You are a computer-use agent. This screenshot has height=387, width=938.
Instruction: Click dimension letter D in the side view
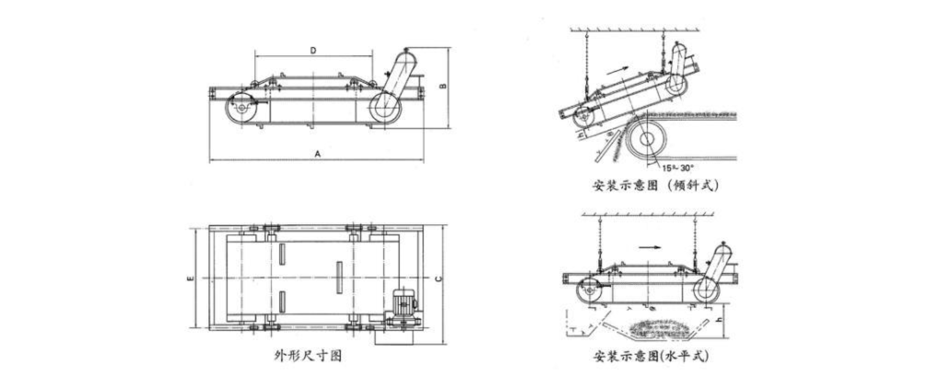(313, 51)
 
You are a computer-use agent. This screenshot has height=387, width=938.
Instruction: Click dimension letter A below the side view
(317, 154)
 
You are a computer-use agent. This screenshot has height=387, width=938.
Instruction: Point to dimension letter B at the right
(443, 86)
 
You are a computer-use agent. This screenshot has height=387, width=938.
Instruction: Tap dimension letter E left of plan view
(191, 278)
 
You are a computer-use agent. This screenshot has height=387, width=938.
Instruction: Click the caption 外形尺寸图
(308, 356)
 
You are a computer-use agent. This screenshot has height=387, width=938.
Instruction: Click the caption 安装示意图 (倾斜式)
(656, 185)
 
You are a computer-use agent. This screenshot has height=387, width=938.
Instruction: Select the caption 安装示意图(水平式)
(651, 356)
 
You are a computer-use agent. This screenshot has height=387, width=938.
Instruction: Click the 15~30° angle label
(678, 168)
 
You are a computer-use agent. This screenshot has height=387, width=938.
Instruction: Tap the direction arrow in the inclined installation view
(617, 70)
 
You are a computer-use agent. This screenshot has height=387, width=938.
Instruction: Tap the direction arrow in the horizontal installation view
(649, 247)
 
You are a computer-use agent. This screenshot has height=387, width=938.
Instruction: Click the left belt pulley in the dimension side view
(241, 108)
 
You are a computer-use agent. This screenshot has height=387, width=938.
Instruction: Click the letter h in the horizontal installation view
(719, 320)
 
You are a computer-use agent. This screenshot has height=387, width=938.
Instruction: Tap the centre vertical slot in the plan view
(339, 277)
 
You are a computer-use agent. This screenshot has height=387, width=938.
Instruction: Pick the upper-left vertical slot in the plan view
(282, 254)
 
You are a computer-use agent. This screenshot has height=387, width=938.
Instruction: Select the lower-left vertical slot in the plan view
(282, 302)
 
